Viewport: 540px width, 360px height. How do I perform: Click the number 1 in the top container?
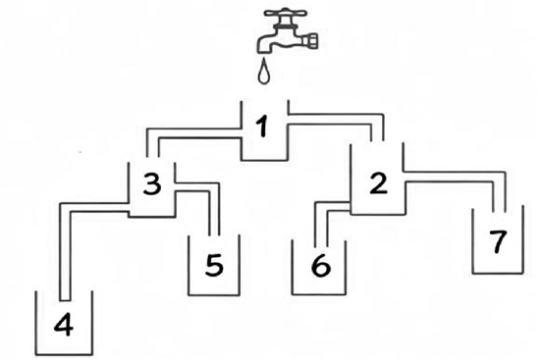[263, 128]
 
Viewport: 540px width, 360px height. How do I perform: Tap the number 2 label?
[378, 183]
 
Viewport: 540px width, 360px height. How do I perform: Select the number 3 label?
[152, 184]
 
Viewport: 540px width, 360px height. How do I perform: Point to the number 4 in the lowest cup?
[64, 326]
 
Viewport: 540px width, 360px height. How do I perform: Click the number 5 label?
[214, 266]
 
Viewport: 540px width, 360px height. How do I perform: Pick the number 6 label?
[321, 266]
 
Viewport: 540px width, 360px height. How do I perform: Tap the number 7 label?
[498, 242]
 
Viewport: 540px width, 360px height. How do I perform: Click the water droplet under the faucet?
[264, 72]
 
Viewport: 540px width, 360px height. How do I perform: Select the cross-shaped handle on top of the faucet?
[285, 14]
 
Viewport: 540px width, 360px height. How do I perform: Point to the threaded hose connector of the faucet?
[311, 39]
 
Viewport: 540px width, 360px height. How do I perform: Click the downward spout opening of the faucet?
[264, 50]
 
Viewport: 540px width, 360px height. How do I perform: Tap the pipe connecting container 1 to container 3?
[192, 133]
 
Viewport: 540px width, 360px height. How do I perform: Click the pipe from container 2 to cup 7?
[455, 177]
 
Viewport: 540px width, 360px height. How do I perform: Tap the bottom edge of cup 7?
[498, 274]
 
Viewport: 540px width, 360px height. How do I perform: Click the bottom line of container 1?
[264, 161]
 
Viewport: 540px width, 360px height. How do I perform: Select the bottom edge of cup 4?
[64, 354]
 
